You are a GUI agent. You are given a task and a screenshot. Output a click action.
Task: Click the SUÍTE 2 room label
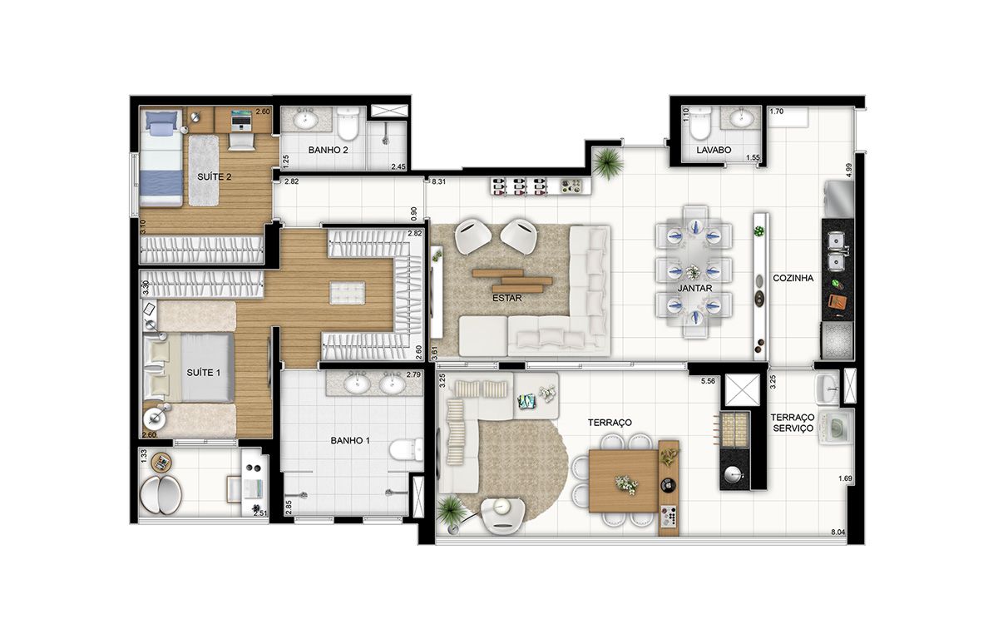215,177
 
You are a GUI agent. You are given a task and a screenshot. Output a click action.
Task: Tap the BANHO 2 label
328,150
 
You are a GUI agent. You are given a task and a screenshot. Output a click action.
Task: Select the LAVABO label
714,150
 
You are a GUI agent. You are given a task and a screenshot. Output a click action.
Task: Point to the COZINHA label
793,278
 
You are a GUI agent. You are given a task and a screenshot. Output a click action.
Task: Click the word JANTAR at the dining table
694,289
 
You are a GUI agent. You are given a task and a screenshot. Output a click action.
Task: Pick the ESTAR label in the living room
507,298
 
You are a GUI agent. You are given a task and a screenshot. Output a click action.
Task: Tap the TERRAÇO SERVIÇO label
793,423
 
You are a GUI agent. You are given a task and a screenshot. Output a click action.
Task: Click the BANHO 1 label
350,441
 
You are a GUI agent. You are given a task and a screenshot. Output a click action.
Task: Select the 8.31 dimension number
439,182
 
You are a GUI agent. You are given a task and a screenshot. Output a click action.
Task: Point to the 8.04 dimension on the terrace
838,532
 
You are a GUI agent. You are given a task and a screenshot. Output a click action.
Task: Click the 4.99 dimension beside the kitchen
849,171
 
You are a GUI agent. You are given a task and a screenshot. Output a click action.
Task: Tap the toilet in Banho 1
407,449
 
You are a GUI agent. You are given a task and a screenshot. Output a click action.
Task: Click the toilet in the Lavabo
699,125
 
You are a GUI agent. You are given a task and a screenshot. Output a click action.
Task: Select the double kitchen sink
837,252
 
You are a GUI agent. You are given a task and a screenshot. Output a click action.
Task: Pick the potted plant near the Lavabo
608,163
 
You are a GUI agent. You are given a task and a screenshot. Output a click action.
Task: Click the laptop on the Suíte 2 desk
241,120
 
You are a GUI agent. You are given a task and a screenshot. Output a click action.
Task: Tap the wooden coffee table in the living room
513,280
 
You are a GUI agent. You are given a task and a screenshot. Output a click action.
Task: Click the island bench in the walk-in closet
347,293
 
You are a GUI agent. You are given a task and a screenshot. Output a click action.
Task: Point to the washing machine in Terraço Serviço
836,427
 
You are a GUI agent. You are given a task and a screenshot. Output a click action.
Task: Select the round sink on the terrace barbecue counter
734,474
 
